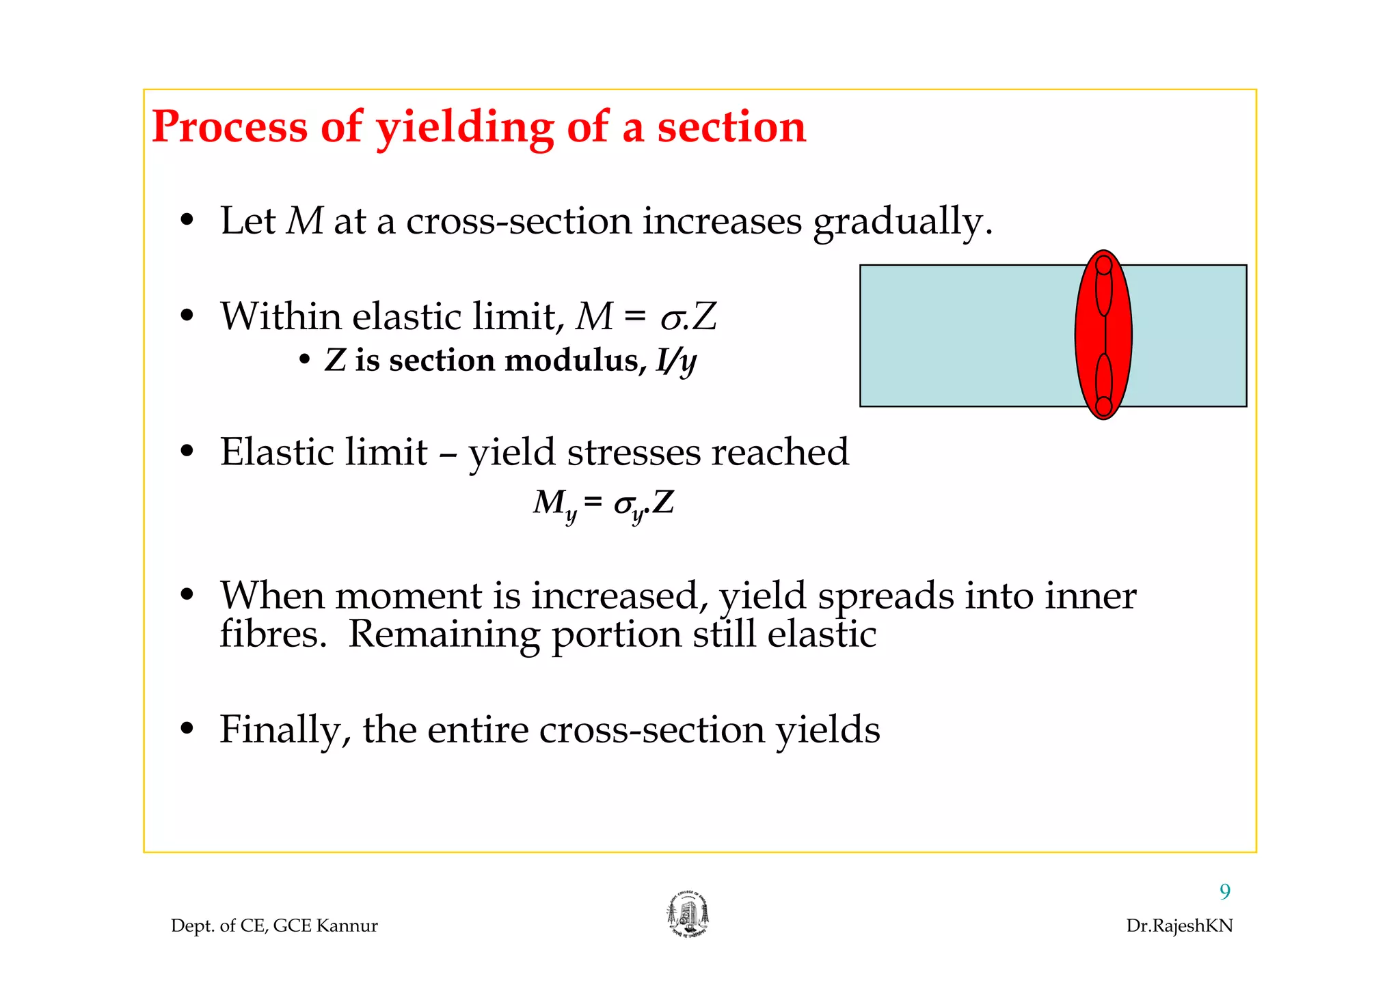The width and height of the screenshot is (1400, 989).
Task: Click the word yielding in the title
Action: [x=465, y=128]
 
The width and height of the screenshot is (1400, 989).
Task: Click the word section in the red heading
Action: [x=731, y=128]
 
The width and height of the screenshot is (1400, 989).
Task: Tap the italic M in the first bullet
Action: [x=304, y=221]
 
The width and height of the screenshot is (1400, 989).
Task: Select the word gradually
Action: [x=902, y=221]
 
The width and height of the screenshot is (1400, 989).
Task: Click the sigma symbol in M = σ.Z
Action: [x=671, y=319]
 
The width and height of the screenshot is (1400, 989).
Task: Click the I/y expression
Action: [x=675, y=361]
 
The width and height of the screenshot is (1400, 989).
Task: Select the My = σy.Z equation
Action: [x=603, y=504]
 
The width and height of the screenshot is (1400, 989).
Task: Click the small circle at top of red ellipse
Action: [x=1103, y=265]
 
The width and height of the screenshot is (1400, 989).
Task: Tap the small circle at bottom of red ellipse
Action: [x=1103, y=406]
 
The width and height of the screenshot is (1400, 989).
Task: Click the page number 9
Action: [x=1224, y=891]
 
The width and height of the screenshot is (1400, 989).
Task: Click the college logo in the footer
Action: [x=688, y=915]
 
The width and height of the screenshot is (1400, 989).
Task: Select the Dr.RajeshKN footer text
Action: [x=1179, y=925]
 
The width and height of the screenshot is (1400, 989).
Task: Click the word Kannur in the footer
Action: [x=347, y=925]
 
